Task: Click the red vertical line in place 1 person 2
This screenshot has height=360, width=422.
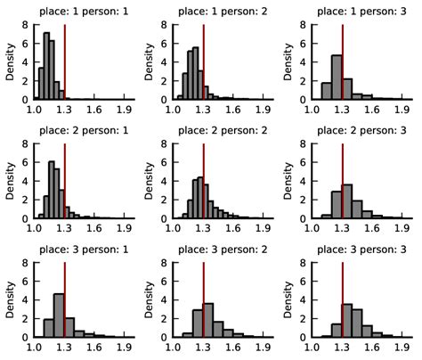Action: (x=204, y=58)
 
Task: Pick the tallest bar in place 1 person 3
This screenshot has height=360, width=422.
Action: (x=337, y=78)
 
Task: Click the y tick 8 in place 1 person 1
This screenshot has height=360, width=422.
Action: (x=27, y=16)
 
